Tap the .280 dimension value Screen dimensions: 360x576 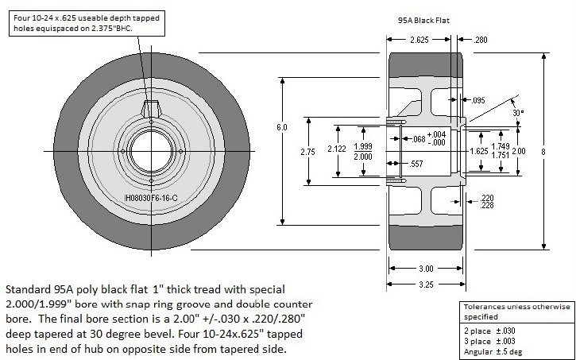[x=481, y=40]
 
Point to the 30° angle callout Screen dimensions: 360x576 [x=518, y=112]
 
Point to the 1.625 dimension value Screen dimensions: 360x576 [x=479, y=150]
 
